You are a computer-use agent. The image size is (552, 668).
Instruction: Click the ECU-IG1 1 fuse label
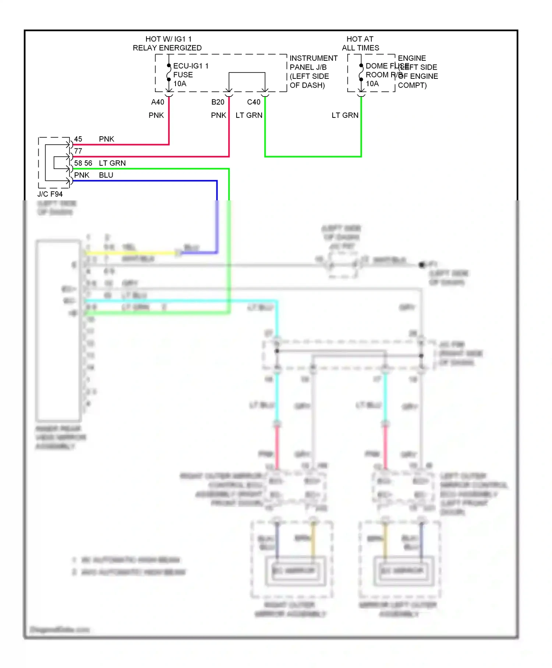coord(190,66)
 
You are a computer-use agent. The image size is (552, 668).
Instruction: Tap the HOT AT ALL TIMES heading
coord(360,43)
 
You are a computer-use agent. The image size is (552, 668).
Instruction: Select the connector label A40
coord(158,102)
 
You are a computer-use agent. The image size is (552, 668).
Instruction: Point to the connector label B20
coord(217,102)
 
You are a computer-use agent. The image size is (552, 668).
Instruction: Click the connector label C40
coord(254,102)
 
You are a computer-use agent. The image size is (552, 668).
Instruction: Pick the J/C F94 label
coord(50,194)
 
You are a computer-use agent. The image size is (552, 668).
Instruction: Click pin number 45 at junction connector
coord(78,139)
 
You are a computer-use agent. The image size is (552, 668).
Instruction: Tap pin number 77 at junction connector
coord(78,151)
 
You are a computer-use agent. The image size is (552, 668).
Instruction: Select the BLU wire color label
coord(106,175)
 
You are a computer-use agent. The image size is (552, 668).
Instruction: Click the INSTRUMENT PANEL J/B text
coord(313,63)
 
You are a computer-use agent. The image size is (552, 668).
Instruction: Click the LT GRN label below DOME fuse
coord(345,115)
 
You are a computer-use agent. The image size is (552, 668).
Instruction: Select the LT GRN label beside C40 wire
coord(249,115)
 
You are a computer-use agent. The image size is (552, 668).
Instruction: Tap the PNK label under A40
coord(156,115)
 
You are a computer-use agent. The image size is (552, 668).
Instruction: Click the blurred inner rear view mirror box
coord(58,330)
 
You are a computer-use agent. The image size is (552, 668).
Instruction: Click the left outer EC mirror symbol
coord(403,570)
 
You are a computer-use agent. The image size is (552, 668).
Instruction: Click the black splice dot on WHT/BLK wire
coord(422,265)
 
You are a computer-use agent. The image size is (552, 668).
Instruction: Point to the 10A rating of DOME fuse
coord(372,84)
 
